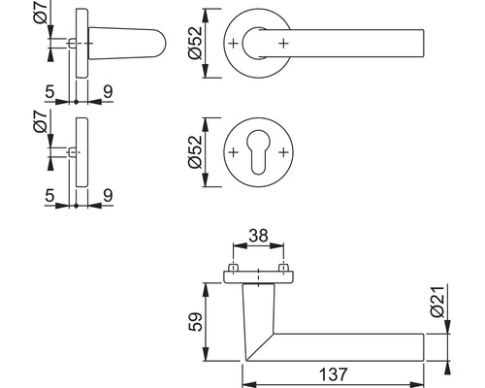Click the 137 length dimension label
[x=334, y=374]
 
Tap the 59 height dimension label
[x=196, y=322]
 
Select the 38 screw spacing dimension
[x=259, y=236]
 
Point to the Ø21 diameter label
[x=437, y=302]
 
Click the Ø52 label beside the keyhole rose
[x=195, y=152]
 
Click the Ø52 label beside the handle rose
[x=195, y=43]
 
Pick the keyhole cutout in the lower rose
[x=258, y=152]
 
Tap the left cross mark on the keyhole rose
[x=233, y=152]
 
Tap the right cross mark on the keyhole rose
[x=283, y=152]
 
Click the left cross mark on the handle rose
[x=233, y=43]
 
